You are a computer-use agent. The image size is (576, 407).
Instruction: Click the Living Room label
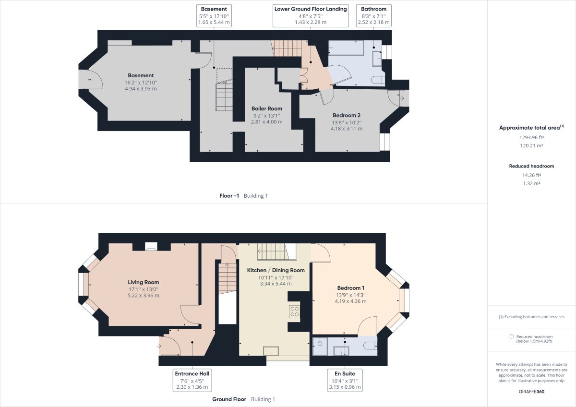(x=143, y=282)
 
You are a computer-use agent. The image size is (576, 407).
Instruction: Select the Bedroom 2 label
(x=346, y=115)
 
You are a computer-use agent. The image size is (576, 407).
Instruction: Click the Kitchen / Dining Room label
(x=276, y=270)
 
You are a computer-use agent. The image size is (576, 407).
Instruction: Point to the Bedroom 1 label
(x=350, y=288)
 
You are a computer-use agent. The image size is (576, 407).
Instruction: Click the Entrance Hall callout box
(x=192, y=380)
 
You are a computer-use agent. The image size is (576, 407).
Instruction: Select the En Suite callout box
(x=345, y=380)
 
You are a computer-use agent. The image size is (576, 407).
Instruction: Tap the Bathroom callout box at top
(x=373, y=15)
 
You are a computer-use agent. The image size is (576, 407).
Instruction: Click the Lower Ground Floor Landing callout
(x=310, y=15)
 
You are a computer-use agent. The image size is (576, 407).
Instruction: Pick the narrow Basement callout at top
(x=214, y=15)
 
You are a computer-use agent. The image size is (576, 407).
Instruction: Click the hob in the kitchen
(x=294, y=311)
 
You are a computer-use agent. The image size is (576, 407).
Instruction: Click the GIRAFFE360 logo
(x=531, y=391)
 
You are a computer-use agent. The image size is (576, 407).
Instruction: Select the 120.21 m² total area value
(x=531, y=145)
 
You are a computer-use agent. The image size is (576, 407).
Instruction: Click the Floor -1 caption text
(x=229, y=196)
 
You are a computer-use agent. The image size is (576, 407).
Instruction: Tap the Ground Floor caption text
(x=229, y=399)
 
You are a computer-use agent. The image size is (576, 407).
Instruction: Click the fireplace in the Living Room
(x=151, y=247)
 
